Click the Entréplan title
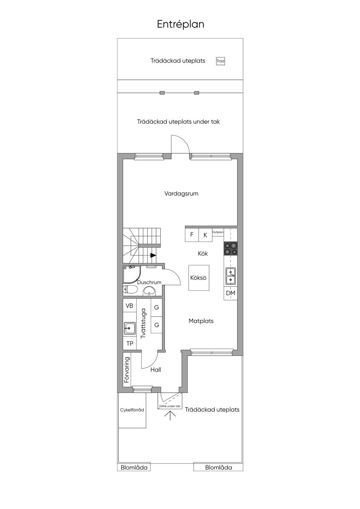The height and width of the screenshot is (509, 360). (180, 24)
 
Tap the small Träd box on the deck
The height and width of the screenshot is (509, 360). (220, 61)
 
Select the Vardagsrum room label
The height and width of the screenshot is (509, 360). (181, 194)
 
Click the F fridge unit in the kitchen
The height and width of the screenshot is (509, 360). (192, 235)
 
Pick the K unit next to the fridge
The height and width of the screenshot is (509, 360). (205, 235)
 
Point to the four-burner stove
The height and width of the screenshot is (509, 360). (231, 249)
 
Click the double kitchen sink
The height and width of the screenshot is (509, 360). (231, 276)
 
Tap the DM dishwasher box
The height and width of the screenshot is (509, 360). (231, 293)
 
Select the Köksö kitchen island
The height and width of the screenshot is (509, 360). (199, 278)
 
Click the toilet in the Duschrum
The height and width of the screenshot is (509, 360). (130, 290)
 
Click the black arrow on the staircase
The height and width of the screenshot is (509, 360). (153, 256)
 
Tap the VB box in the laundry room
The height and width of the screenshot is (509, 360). (129, 305)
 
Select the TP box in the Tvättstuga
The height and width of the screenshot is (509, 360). (130, 343)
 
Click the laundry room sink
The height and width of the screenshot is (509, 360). (130, 328)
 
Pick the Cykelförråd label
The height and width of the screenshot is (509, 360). (132, 410)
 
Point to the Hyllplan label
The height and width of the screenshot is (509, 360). (218, 232)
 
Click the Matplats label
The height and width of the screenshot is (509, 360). (201, 321)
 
